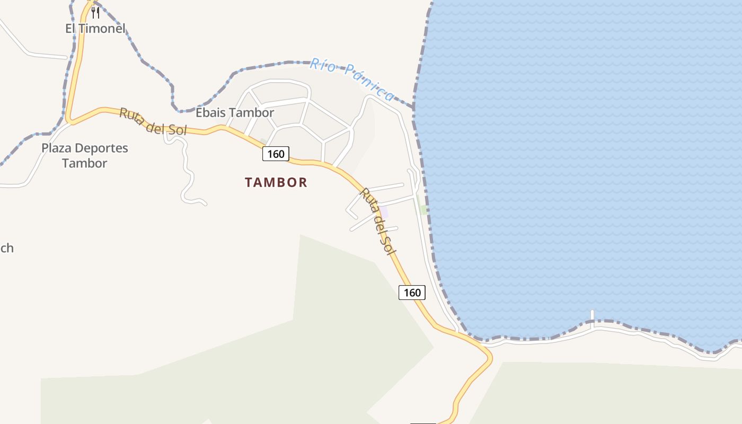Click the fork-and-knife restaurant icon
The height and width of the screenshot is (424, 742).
[x=95, y=12]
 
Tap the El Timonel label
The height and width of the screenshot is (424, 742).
[x=95, y=29]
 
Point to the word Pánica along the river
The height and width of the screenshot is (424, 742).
[x=369, y=83]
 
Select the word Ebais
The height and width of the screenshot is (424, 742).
[x=211, y=113]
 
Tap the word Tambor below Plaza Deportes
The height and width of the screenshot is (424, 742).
[x=85, y=163]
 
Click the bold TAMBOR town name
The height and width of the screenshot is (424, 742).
[x=276, y=183]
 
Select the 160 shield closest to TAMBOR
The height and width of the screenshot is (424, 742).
[x=276, y=154]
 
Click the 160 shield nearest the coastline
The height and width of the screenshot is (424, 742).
[x=412, y=293]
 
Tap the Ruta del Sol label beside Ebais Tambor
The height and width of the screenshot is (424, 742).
[x=153, y=121]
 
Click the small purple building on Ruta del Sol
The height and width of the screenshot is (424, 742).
[x=384, y=212]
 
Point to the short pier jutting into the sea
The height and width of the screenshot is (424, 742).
[x=592, y=315]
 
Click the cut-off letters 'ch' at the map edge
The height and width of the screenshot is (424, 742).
[x=6, y=248]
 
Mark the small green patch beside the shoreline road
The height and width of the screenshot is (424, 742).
[x=423, y=209]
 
